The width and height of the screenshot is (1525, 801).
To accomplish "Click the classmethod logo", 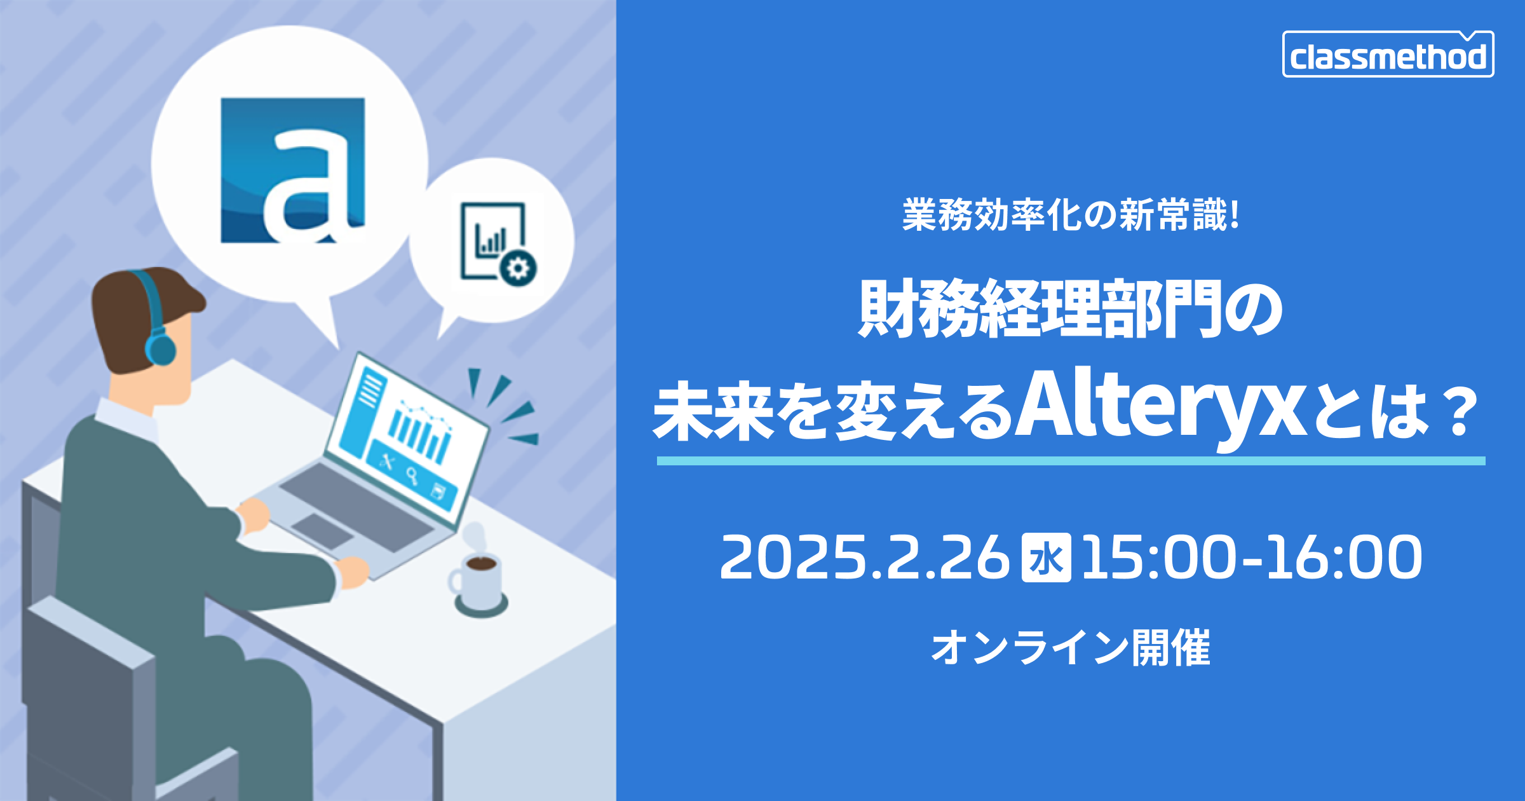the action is pos(1388,54).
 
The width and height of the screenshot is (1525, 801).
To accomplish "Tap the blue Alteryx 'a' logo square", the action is pos(293,170).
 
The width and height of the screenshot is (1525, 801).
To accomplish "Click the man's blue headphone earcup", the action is pos(160,349).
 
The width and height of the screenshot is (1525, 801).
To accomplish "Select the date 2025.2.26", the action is pos(865,558).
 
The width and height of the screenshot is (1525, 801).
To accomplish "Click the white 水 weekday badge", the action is pos(1046,558).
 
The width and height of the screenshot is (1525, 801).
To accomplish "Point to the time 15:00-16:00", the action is pos(1251,558).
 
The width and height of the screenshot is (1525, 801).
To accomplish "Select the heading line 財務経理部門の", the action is pos(1071,309).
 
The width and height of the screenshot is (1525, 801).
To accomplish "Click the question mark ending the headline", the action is pos(1459,413).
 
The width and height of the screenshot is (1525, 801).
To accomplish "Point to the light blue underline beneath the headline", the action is pos(1071,461).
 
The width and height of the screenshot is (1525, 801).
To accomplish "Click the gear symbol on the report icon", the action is pos(518,268).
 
